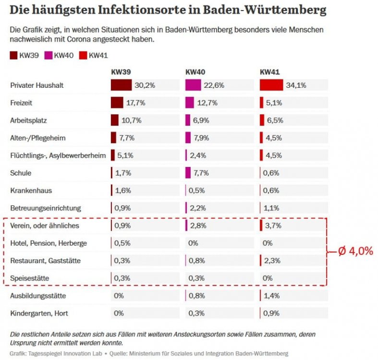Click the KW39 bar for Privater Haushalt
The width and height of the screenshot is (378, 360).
(x=121, y=85)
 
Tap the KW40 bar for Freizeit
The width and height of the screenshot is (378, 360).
(x=190, y=103)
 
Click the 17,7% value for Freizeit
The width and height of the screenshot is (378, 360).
(x=136, y=103)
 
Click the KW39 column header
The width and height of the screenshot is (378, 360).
(x=121, y=72)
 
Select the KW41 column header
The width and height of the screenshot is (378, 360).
(x=270, y=72)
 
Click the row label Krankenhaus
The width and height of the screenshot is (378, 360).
(x=32, y=191)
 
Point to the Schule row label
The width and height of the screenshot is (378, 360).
(x=21, y=173)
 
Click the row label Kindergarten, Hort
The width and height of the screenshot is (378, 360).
(x=39, y=313)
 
